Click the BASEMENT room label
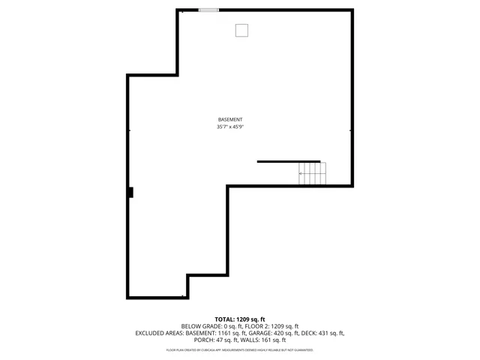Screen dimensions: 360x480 pyautogui.click(x=230, y=120)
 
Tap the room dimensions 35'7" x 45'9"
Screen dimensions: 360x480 pyautogui.click(x=230, y=127)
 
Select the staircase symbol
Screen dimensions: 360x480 pyautogui.click(x=313, y=174)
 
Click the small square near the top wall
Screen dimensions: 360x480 pyautogui.click(x=241, y=30)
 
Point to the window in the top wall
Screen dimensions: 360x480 pyautogui.click(x=208, y=10)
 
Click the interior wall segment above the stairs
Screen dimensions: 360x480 pyautogui.click(x=289, y=161)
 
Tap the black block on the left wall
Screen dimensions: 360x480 pyautogui.click(x=130, y=193)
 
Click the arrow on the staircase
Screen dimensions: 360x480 pyautogui.click(x=301, y=174)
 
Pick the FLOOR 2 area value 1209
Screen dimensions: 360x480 pyautogui.click(x=279, y=326)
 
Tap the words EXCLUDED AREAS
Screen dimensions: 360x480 pyautogui.click(x=160, y=333)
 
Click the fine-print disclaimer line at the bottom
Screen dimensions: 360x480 pyautogui.click(x=239, y=349)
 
